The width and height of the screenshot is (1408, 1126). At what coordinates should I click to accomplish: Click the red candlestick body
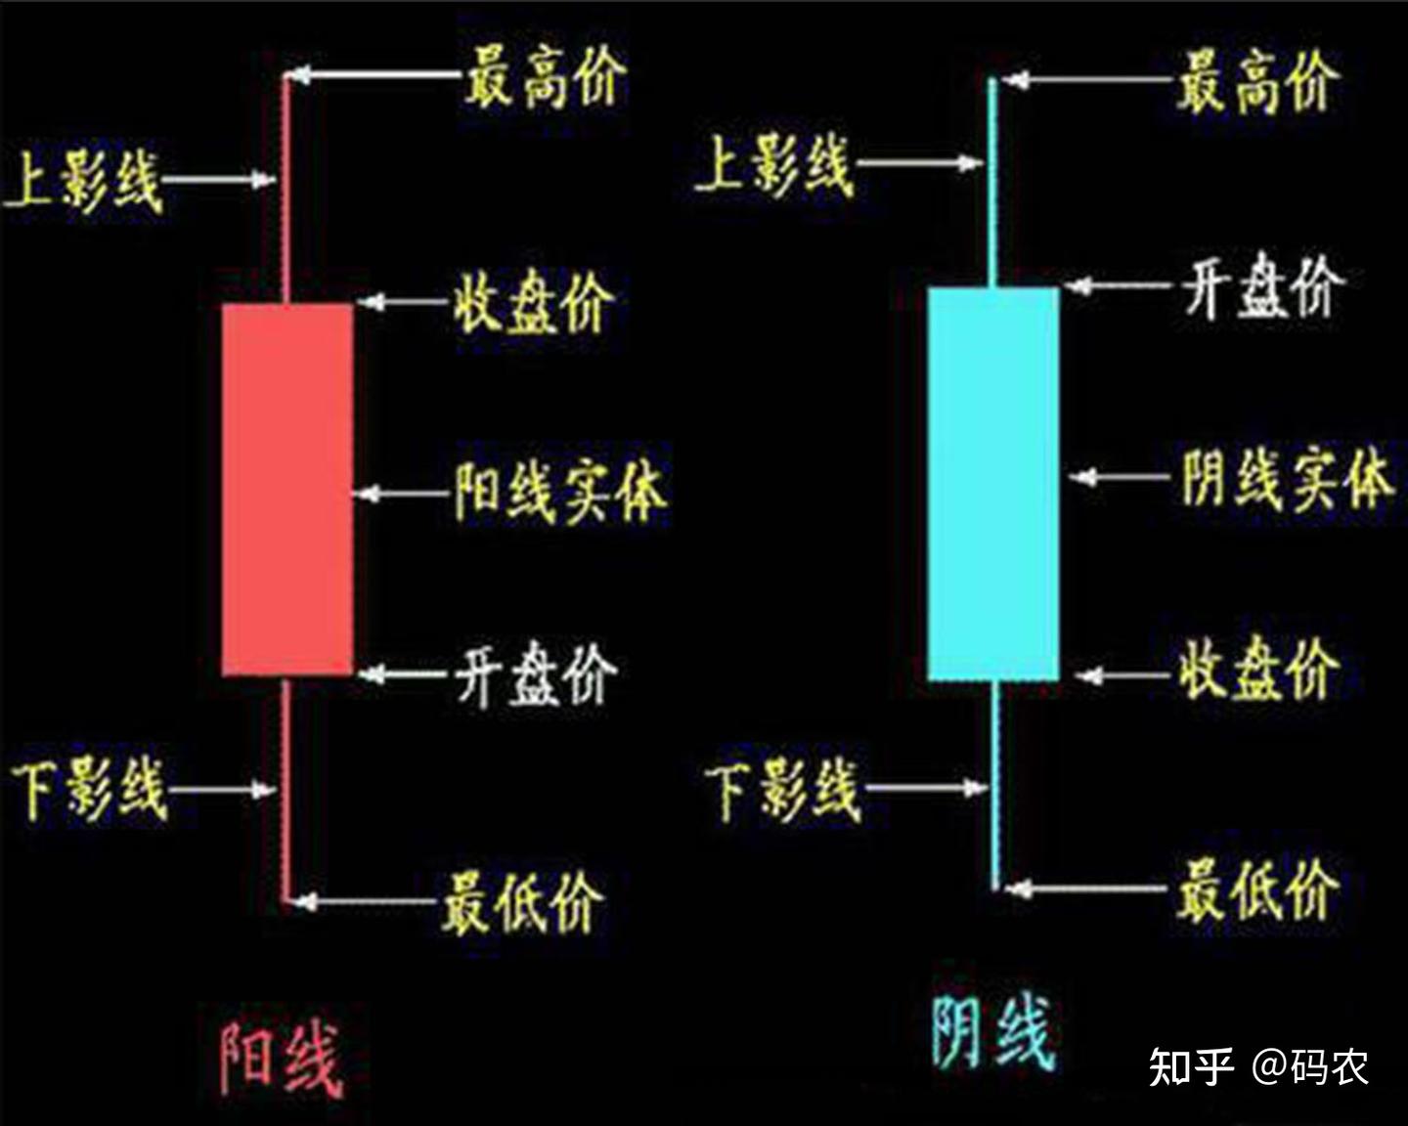pyautogui.click(x=287, y=489)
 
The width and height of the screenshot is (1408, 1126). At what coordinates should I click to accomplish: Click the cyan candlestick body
pyautogui.click(x=992, y=484)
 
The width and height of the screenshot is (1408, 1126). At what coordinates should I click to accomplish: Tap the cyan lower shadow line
pyautogui.click(x=994, y=782)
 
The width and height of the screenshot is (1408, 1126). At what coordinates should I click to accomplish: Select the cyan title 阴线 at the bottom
pyautogui.click(x=990, y=1034)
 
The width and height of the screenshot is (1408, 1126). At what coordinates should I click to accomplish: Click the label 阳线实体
pyautogui.click(x=559, y=492)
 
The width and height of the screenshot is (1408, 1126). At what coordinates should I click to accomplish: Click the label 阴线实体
pyautogui.click(x=1284, y=479)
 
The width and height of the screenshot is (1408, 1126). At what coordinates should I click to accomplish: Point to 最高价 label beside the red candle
pyautogui.click(x=544, y=78)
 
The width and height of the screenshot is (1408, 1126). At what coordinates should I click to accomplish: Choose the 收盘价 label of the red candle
pyautogui.click(x=533, y=303)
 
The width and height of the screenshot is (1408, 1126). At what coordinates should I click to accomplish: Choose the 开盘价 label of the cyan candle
pyautogui.click(x=1261, y=287)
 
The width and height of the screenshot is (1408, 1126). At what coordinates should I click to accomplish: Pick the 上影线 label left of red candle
pyautogui.click(x=83, y=182)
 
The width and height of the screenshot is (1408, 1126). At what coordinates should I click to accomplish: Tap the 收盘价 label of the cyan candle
pyautogui.click(x=1256, y=671)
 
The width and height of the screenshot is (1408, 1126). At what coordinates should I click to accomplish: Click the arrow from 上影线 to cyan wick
pyautogui.click(x=919, y=163)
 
